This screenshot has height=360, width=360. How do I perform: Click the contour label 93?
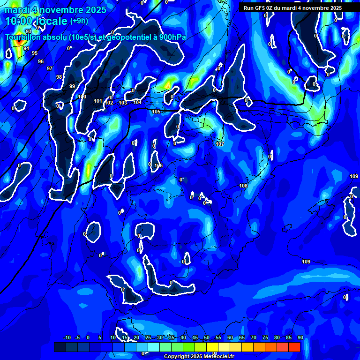point(29,45)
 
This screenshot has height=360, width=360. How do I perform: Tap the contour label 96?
point(41,61)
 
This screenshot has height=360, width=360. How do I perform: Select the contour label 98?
point(59,77)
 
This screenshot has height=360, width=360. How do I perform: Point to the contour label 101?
point(98,101)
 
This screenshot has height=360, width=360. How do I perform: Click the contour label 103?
point(123,103)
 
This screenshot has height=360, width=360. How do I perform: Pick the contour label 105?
point(156,112)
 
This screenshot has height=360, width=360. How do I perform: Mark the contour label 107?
point(220,144)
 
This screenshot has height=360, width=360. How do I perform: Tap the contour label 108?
point(243,186)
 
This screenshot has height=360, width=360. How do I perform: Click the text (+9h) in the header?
point(78,21)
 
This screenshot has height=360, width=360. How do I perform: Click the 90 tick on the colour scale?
point(300,337)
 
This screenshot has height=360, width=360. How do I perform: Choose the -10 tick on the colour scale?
point(67,337)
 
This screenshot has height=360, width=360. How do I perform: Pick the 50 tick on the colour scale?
point(206,337)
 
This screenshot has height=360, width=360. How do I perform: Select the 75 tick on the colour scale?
point(265,337)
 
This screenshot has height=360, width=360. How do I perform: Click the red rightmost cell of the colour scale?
point(294,347)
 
